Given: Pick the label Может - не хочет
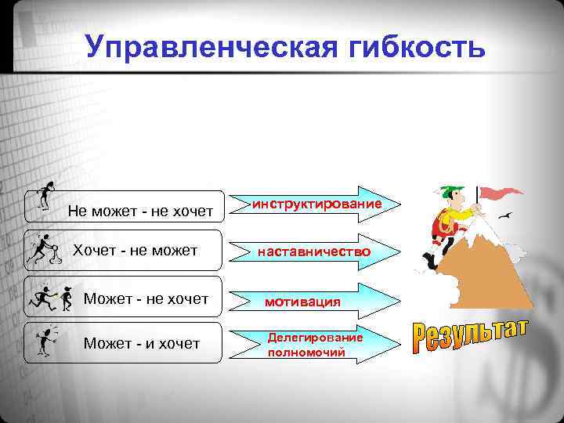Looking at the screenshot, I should (146, 298).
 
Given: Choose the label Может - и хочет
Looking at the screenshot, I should (142, 343).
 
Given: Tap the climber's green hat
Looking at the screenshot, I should (448, 192).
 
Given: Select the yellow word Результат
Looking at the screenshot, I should (470, 337).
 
